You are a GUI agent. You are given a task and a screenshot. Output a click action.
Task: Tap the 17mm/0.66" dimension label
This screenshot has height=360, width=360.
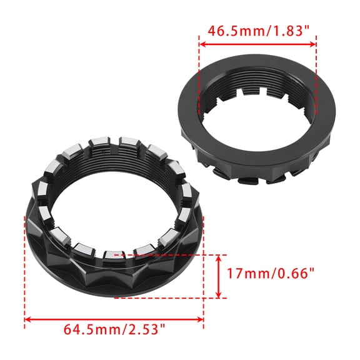pos(271,273)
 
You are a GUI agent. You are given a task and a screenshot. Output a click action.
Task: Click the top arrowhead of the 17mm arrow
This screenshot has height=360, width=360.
pos(219,258)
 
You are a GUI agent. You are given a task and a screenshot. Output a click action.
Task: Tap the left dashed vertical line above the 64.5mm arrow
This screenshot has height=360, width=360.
pos(24,269)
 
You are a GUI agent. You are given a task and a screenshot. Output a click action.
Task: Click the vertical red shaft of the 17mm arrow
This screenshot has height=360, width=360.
pos(219,276)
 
